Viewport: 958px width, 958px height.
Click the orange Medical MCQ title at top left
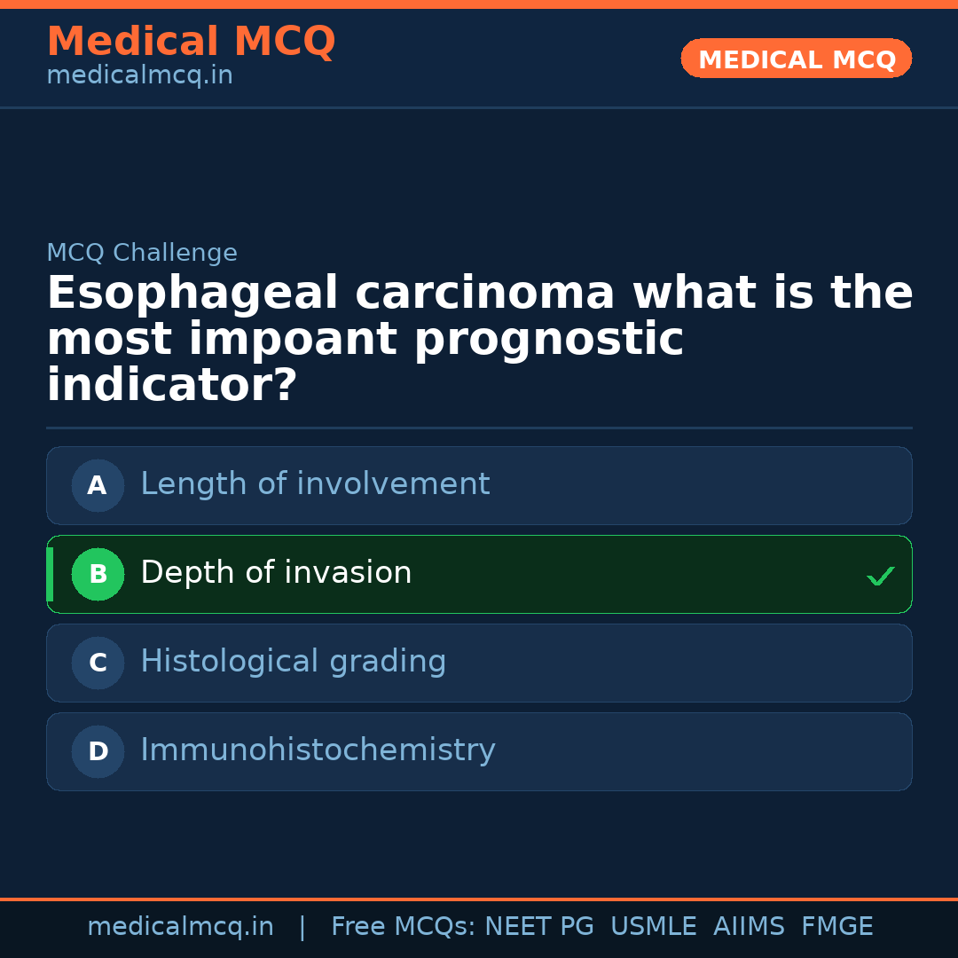(191, 42)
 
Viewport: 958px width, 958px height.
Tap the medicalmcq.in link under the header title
(139, 76)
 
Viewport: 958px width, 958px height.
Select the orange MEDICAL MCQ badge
(796, 59)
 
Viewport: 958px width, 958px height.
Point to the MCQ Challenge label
(142, 253)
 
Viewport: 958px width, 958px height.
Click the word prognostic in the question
(549, 341)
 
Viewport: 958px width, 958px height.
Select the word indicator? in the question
(171, 387)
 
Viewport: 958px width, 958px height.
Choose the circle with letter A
(98, 485)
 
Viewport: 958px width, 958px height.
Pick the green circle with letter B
(98, 574)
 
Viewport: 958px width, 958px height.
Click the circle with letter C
(98, 663)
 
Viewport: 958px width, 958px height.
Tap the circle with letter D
(98, 751)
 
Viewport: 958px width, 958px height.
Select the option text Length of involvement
(315, 484)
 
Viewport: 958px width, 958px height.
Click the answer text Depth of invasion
(276, 573)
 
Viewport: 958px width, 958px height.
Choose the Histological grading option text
(293, 662)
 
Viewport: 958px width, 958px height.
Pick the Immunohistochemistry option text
(318, 750)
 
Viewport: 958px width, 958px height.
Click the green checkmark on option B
(880, 577)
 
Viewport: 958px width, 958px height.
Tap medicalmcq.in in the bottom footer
(180, 927)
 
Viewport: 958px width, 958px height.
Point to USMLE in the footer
(653, 927)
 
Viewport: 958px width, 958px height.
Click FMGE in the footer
(836, 927)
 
